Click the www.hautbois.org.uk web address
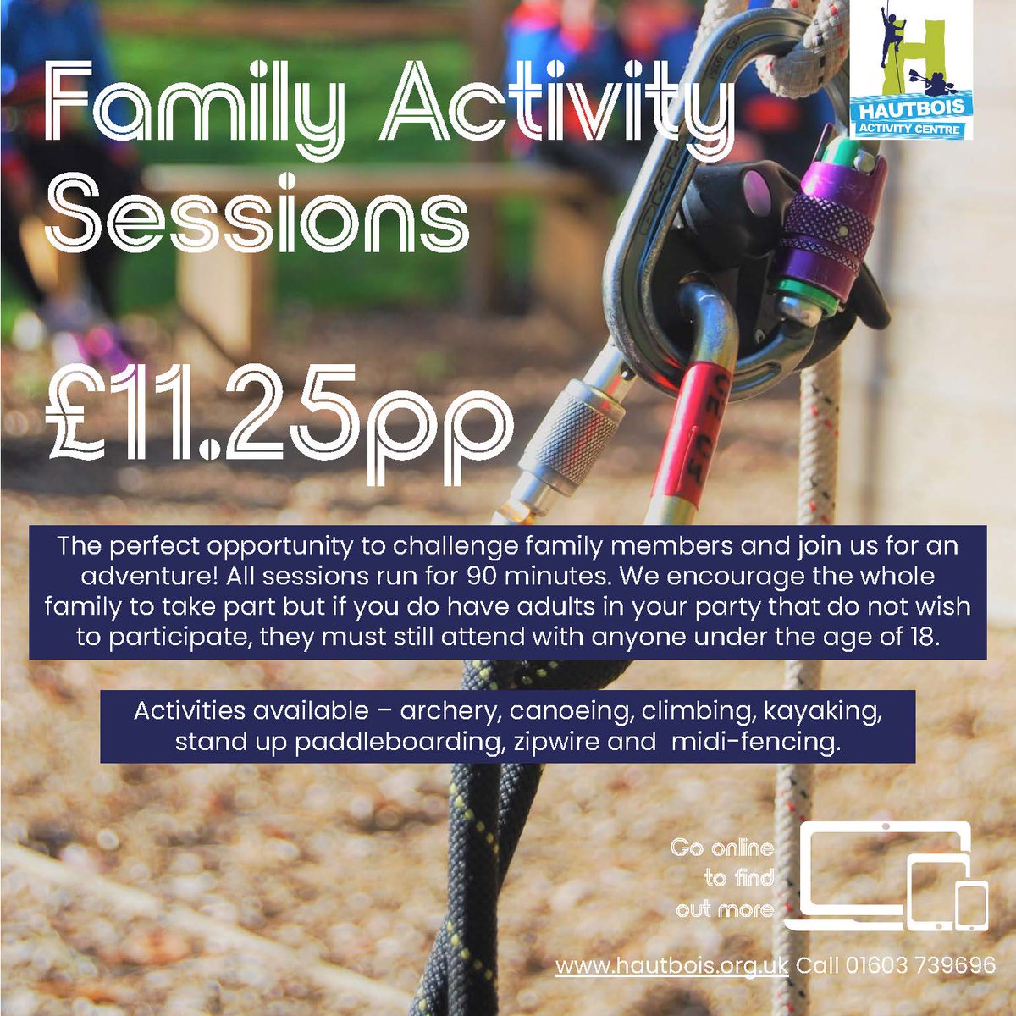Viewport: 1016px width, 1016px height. [671, 965]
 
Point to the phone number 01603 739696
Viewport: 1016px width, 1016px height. [919, 965]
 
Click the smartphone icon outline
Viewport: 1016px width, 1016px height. [972, 904]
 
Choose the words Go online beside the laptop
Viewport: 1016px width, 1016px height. [721, 847]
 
